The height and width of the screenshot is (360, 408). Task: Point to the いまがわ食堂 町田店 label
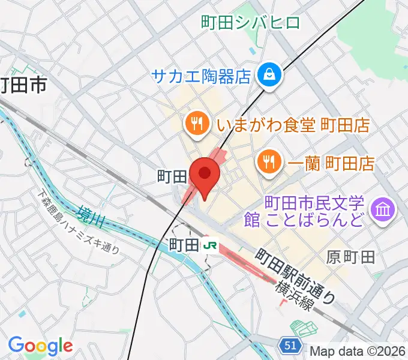(x=293, y=125)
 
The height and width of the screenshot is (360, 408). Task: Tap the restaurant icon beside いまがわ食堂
(x=197, y=125)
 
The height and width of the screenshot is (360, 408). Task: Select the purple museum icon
(x=382, y=209)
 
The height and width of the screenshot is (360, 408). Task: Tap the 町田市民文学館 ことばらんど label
(x=305, y=211)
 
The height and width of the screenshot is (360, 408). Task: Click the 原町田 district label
(x=351, y=257)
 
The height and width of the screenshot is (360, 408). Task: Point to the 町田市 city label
(x=23, y=86)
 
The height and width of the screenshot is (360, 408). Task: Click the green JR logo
(x=209, y=245)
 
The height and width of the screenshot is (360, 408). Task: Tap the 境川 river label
(x=91, y=217)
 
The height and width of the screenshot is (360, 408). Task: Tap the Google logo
(x=40, y=345)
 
